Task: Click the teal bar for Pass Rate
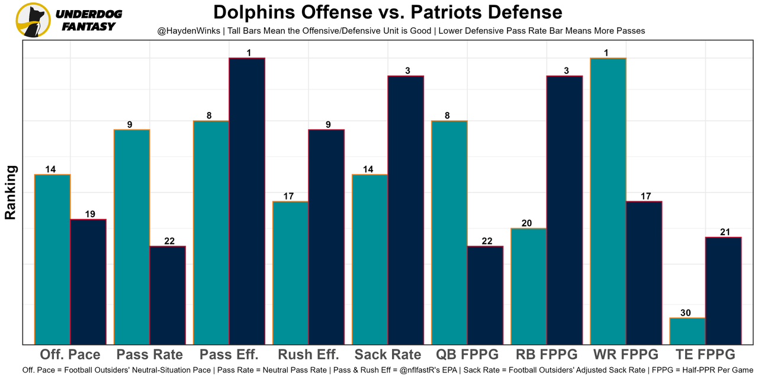coord(131,237)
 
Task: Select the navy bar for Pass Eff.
coord(247,201)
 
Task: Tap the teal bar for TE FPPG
coord(688,331)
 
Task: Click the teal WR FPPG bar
coord(608,201)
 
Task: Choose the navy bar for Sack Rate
coord(406,210)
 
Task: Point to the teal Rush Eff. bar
coord(290,272)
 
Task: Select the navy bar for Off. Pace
coord(88,282)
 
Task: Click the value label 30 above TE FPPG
coord(686,313)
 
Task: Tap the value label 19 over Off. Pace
coord(90,214)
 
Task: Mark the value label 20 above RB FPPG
coord(527,223)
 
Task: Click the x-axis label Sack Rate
coord(388,355)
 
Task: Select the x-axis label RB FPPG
coord(547,355)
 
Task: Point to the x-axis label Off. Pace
coord(70,355)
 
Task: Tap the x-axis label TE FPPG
coord(705,355)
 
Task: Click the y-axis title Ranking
coord(11,192)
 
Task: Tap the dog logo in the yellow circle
coord(33,20)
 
